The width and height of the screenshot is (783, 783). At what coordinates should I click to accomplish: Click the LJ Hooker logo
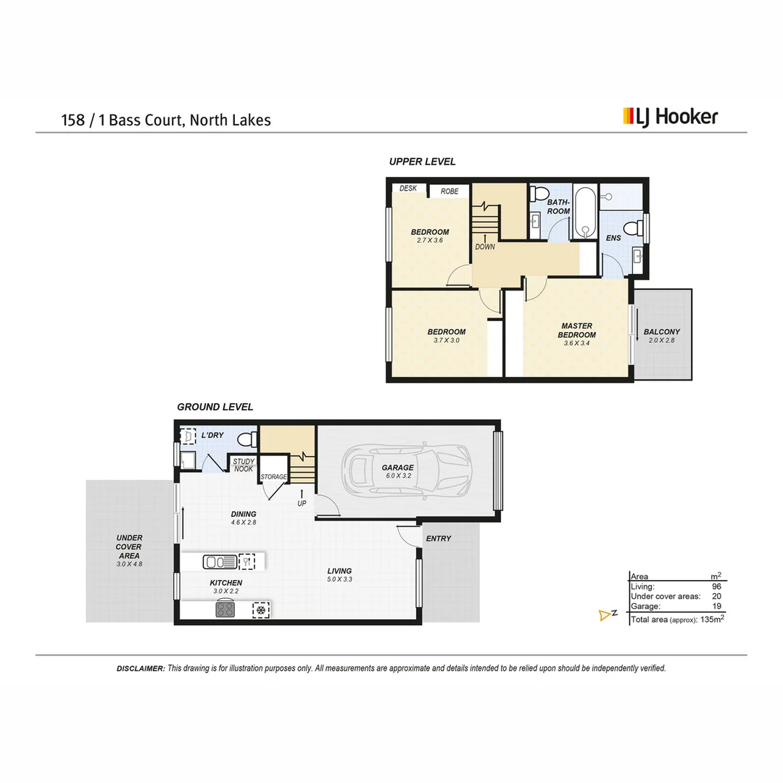tap(670, 117)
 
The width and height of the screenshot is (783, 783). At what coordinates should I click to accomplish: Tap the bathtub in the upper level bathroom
tap(584, 212)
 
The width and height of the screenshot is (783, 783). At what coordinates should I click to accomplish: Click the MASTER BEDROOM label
tap(576, 331)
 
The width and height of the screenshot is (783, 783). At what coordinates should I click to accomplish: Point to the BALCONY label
tap(662, 332)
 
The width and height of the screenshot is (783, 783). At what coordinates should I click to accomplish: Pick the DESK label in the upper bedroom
tap(408, 188)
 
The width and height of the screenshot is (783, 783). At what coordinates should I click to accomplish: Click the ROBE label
tap(449, 191)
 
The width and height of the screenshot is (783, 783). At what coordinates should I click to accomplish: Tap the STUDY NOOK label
tap(243, 465)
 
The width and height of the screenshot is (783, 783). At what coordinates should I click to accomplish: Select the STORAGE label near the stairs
tap(275, 477)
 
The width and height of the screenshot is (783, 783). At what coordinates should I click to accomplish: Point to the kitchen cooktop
tap(225, 610)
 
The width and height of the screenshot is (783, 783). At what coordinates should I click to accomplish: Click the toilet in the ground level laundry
tap(246, 439)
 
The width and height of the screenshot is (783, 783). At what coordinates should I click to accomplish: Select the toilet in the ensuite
tap(634, 228)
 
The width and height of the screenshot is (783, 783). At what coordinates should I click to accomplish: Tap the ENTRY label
tap(439, 539)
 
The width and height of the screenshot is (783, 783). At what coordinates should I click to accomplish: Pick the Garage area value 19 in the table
tap(716, 606)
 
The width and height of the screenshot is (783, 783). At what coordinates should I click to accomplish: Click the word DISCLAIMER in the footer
tap(141, 668)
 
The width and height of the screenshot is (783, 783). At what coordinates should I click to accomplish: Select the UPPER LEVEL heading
tap(422, 162)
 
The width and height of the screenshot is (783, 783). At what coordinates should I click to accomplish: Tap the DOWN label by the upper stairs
tap(485, 246)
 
